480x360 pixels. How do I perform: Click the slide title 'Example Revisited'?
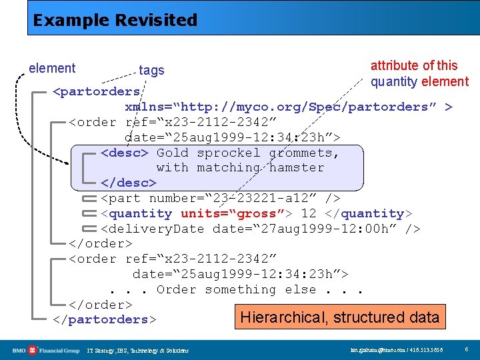115,20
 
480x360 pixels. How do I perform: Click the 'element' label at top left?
52,69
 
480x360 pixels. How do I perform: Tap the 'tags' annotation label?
151,71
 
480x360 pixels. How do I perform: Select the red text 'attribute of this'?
414,65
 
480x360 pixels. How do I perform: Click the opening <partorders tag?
97,91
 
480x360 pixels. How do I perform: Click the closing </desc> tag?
129,183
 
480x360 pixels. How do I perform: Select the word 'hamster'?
297,167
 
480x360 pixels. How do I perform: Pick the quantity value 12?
309,213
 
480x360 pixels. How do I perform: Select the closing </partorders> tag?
105,319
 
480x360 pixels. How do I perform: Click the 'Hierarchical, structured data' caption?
339,317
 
